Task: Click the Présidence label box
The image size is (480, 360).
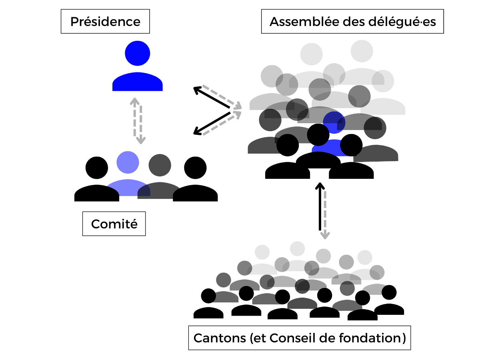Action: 105,22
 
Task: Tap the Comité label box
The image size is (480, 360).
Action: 114,224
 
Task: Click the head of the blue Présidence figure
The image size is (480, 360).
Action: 138,53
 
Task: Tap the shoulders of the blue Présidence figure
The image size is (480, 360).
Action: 138,82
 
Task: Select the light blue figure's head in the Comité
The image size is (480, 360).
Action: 128,162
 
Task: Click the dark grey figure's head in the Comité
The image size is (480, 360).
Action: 160,165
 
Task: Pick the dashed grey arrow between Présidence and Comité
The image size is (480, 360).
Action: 137,120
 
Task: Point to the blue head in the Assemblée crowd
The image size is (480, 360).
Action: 334,122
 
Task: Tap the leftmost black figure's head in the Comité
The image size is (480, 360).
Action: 97,168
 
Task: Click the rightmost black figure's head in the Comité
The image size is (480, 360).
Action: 195,168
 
